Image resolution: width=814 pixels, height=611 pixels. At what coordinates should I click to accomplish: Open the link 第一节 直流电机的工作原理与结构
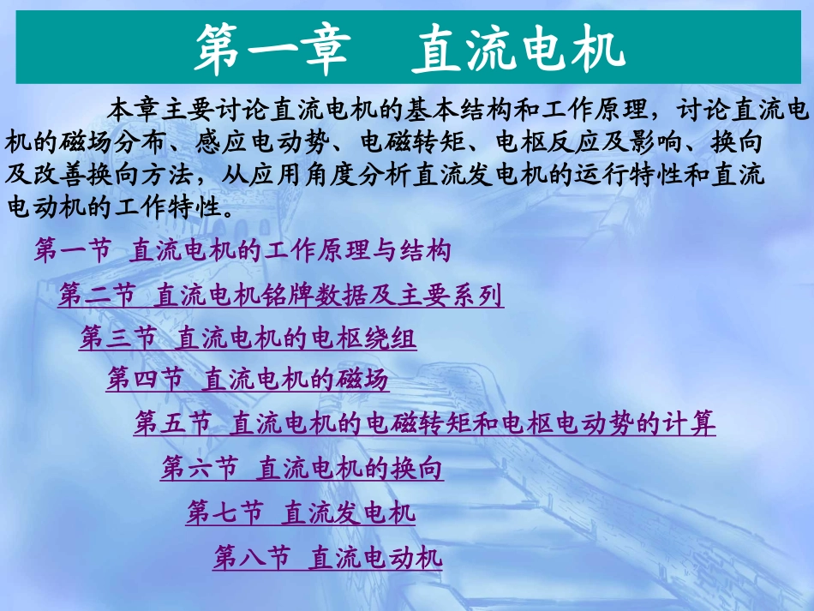coord(242,251)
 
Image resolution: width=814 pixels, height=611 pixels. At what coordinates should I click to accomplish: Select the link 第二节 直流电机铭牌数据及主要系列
coord(281,297)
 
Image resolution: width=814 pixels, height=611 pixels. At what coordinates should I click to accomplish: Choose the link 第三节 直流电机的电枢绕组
coord(248,339)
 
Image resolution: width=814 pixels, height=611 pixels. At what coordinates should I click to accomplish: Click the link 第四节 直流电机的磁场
coord(248,380)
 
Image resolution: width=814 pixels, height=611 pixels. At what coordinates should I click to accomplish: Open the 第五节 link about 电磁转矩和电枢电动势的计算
coord(425,423)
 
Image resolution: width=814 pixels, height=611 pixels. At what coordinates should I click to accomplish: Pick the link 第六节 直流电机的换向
coord(302,469)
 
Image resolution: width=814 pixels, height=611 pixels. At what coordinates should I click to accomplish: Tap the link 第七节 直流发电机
coord(301,514)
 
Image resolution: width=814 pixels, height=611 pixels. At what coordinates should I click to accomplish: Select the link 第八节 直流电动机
coord(327,559)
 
